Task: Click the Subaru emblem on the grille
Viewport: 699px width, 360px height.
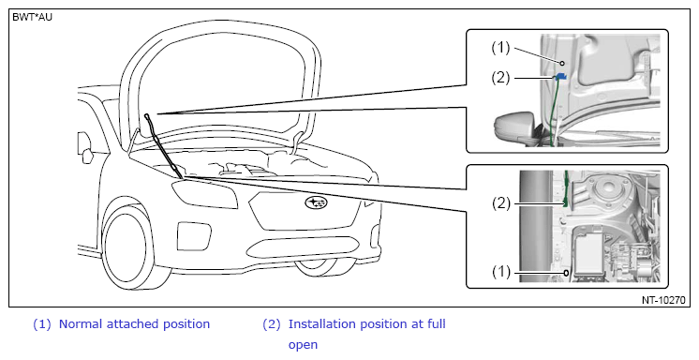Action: [x=316, y=203]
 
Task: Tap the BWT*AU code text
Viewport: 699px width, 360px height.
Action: [x=32, y=18]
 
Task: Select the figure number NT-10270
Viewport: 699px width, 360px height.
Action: [x=663, y=300]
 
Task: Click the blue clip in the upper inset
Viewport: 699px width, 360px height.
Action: [x=561, y=76]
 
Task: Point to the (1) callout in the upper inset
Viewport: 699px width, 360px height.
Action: [x=500, y=48]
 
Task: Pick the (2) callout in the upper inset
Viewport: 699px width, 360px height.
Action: [x=500, y=78]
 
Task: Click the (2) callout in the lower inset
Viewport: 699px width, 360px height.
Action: [x=501, y=203]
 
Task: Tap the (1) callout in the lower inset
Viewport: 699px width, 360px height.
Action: [x=501, y=271]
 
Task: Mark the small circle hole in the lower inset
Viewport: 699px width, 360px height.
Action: [x=566, y=273]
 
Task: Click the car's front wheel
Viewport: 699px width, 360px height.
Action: [x=128, y=247]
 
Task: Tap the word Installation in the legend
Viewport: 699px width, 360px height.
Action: [x=322, y=323]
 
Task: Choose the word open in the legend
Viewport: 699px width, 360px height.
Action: [x=303, y=345]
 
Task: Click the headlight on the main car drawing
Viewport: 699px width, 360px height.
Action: [x=205, y=194]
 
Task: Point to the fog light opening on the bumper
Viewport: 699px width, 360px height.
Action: [x=194, y=236]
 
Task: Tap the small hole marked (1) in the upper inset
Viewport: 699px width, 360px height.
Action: [x=562, y=64]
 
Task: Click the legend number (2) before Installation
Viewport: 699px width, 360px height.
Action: [x=272, y=324]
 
